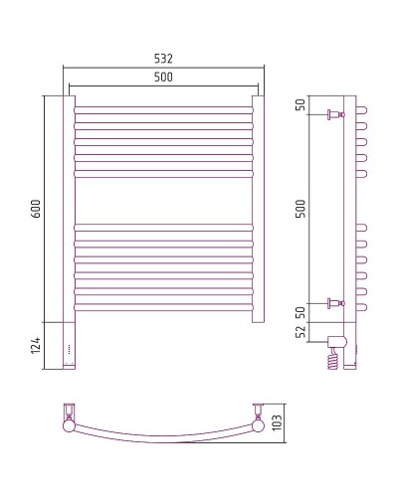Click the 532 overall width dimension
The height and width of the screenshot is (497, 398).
point(164,59)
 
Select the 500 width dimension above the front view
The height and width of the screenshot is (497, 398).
point(164,78)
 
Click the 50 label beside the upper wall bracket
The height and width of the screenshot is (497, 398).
point(301,106)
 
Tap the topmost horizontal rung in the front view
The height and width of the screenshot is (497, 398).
point(164,107)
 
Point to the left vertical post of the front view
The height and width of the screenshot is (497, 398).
point(70,209)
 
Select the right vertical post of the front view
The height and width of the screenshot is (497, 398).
point(259,209)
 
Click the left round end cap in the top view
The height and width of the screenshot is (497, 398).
point(71,426)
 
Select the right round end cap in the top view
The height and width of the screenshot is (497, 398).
point(258,426)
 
